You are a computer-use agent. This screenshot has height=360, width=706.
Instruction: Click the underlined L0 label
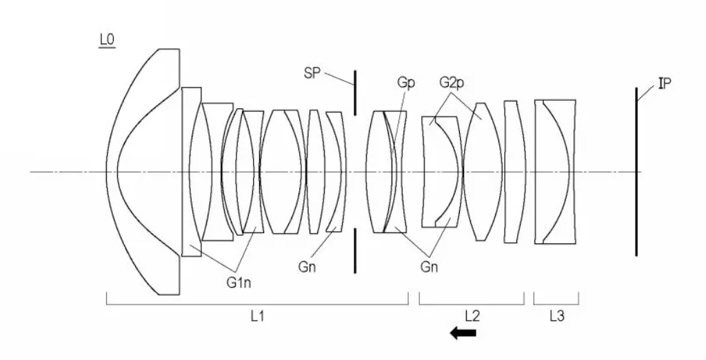[x=107, y=40]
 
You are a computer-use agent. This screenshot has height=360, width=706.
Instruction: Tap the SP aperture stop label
[x=312, y=73]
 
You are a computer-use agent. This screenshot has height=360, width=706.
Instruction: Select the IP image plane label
[x=665, y=83]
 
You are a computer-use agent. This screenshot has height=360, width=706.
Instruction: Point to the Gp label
[x=405, y=83]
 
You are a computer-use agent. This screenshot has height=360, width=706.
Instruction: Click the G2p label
[x=452, y=83]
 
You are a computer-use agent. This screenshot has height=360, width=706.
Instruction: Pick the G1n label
[x=239, y=283]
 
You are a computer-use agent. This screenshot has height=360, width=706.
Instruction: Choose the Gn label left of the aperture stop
[x=307, y=267]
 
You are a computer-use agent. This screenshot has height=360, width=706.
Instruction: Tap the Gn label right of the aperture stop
[x=429, y=267]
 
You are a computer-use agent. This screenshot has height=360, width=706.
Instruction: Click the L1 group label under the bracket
[x=257, y=317]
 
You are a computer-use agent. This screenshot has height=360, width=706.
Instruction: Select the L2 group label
[x=472, y=317]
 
